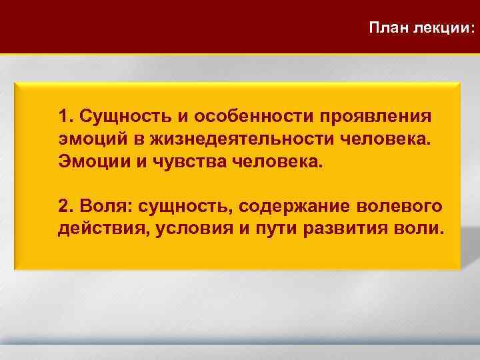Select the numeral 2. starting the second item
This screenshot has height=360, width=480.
66,204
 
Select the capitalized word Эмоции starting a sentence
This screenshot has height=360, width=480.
91,162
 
